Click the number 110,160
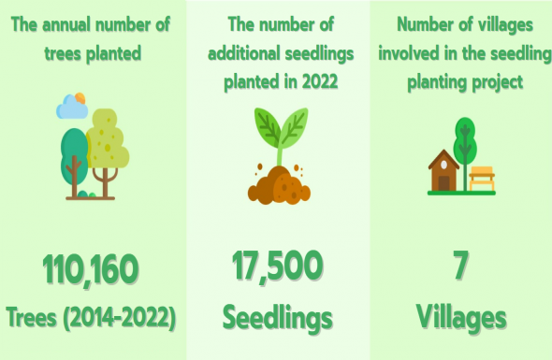click(91, 270)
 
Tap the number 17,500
click(278, 266)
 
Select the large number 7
click(460, 265)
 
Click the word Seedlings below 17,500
click(278, 318)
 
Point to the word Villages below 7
click(461, 317)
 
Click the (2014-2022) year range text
click(120, 318)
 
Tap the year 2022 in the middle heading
click(320, 81)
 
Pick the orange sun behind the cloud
click(80, 98)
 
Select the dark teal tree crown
click(73, 155)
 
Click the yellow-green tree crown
click(109, 139)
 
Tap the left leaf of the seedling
click(268, 126)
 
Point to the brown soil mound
click(279, 186)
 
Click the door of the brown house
click(443, 183)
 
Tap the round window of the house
click(443, 165)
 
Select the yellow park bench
click(482, 179)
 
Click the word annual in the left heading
click(65, 24)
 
